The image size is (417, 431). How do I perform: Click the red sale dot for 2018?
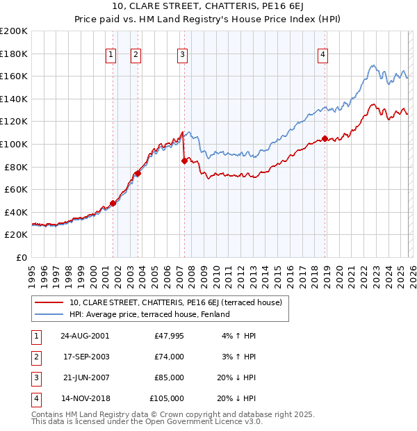click(325, 139)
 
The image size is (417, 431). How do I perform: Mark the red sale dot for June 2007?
click(184, 161)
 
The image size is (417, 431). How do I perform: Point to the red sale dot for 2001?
click(113, 203)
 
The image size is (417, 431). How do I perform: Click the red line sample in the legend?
click(49, 302)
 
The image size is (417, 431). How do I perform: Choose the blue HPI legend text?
click(149, 314)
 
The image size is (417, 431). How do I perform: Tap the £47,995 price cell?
click(168, 335)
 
